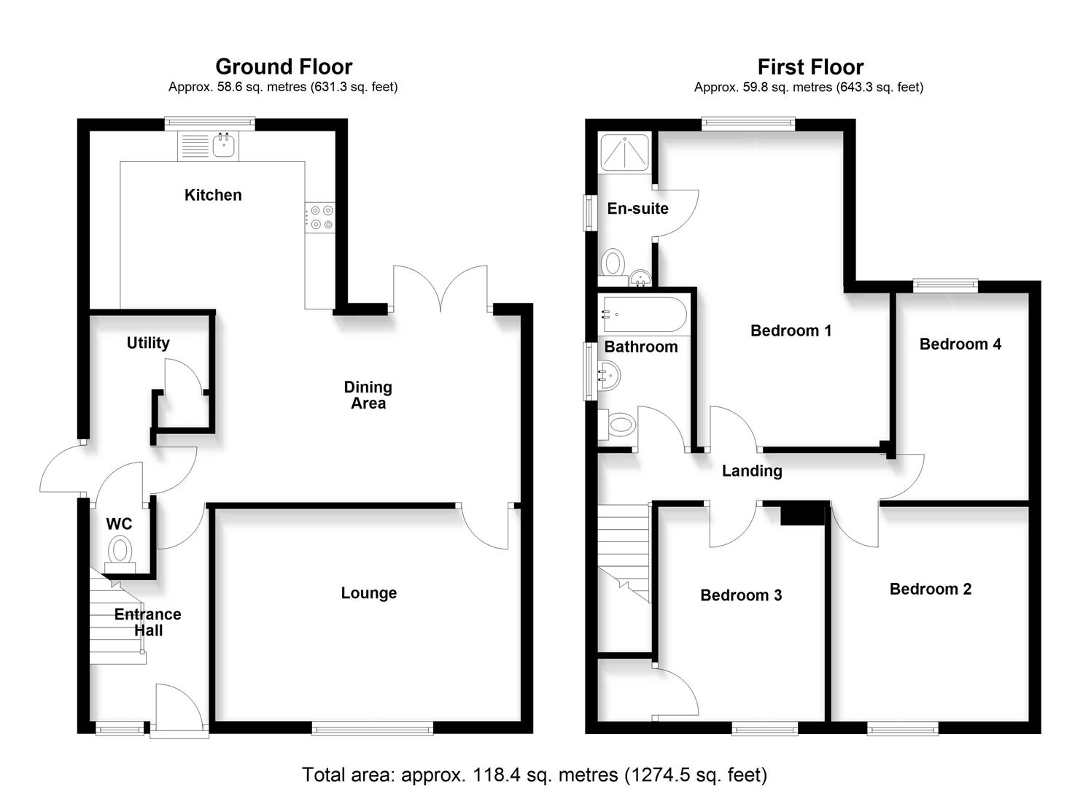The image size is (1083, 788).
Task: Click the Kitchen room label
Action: click(212, 195)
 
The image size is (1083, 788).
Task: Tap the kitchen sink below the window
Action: click(224, 145)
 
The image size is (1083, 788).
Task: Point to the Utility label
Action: click(148, 343)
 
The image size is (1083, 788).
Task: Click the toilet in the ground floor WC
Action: click(120, 550)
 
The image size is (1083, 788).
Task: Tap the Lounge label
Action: click(368, 593)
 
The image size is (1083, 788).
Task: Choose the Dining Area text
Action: click(368, 395)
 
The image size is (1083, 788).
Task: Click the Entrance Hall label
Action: click(147, 622)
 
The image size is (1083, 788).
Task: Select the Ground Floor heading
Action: click(284, 67)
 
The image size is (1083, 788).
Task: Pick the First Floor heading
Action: click(810, 68)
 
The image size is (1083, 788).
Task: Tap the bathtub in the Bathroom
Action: click(642, 314)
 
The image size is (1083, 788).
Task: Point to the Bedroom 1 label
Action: click(791, 331)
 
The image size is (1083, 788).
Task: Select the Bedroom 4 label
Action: click(960, 344)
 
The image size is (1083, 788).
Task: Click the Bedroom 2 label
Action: click(930, 589)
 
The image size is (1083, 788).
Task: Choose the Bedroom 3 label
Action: click(740, 595)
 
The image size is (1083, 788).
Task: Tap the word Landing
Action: click(752, 471)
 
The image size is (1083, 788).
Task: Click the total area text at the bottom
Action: click(535, 774)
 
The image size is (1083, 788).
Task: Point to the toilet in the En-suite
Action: click(613, 263)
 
